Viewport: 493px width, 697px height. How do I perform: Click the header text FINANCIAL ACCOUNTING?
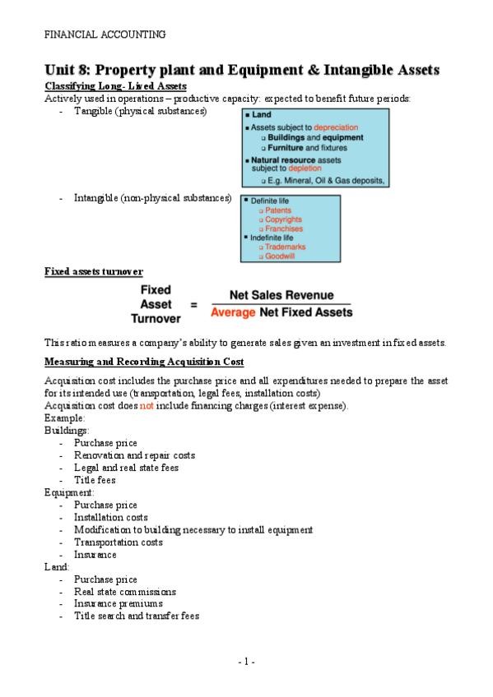(x=105, y=35)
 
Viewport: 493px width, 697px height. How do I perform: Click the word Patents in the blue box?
(x=278, y=210)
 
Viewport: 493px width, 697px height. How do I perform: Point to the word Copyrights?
(x=283, y=220)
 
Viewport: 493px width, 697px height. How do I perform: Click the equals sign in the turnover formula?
(x=193, y=304)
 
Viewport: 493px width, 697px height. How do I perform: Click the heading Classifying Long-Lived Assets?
(x=115, y=86)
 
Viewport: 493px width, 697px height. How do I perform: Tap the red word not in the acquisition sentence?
(x=147, y=406)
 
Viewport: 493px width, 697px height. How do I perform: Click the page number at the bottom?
(x=246, y=662)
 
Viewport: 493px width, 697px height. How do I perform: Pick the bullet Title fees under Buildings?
(x=95, y=480)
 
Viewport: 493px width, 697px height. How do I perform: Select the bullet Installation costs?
(x=110, y=518)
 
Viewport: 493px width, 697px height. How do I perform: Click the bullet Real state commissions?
(x=124, y=592)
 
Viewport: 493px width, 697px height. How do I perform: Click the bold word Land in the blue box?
(x=260, y=116)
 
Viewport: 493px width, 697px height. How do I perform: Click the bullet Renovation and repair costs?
(x=134, y=455)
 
